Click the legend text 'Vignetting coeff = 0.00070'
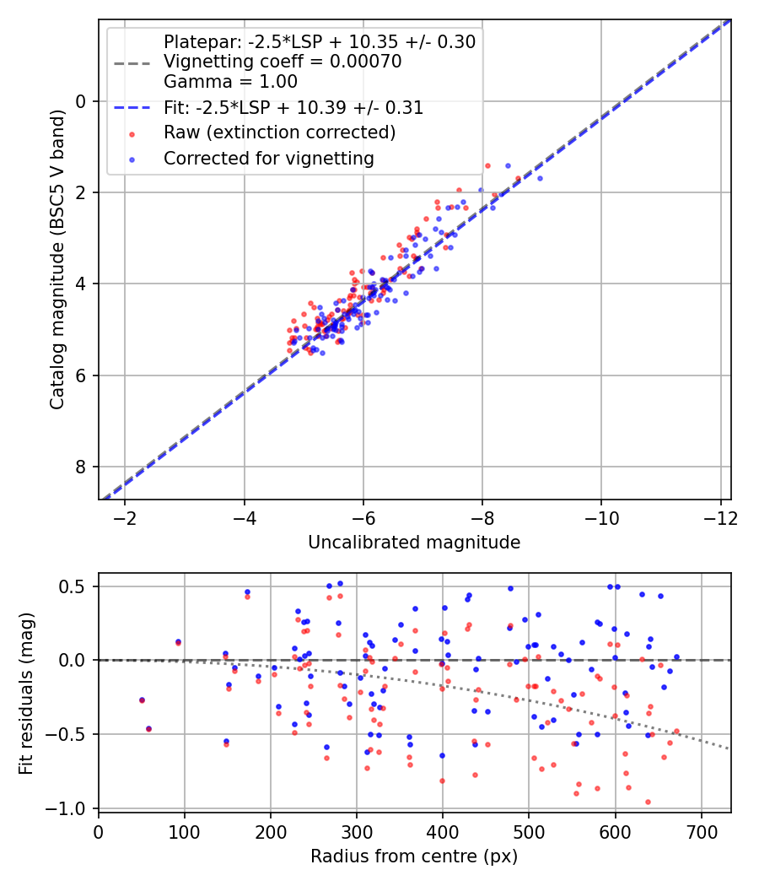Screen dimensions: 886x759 283,62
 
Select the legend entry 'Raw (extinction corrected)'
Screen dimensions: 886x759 279,132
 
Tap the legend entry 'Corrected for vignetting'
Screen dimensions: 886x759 269,158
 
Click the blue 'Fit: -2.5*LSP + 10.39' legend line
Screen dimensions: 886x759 132,108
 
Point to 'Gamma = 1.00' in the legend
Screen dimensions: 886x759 230,82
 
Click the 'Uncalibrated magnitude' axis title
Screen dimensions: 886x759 414,542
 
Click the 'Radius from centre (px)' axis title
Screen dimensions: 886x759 414,856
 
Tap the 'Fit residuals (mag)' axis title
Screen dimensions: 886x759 26,692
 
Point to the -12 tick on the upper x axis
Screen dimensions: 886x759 720,516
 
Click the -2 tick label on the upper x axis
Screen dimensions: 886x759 125,516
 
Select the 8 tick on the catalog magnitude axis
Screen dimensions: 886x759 82,467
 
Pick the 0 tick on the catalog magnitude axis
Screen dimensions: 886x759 82,101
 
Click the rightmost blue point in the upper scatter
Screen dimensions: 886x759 540,178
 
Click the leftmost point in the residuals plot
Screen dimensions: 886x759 142,700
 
